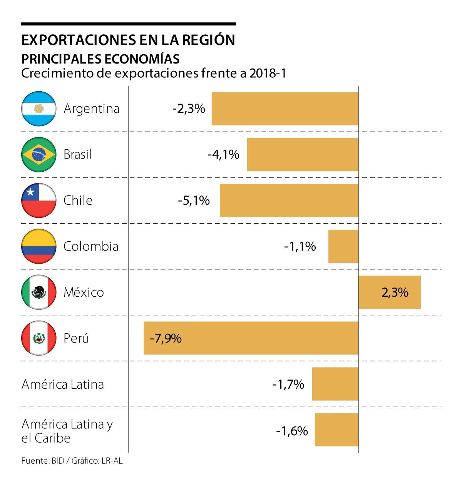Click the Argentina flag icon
click(x=39, y=109)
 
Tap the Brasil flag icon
click(x=39, y=154)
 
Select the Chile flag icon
click(x=39, y=200)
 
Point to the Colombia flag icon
click(x=39, y=246)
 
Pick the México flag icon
click(x=39, y=292)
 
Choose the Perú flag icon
click(x=39, y=338)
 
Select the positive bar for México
click(x=389, y=292)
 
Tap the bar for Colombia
click(x=343, y=246)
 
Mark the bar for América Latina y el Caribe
click(x=336, y=430)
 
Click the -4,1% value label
click(x=223, y=154)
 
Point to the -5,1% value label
click(x=194, y=200)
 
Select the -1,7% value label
click(x=288, y=384)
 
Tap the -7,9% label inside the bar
click(x=166, y=338)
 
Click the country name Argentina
click(x=92, y=109)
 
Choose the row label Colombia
click(x=91, y=246)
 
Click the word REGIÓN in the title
click(x=208, y=40)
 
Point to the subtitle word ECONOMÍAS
click(x=142, y=59)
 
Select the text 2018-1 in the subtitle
click(x=268, y=73)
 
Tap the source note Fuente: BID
click(x=43, y=461)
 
